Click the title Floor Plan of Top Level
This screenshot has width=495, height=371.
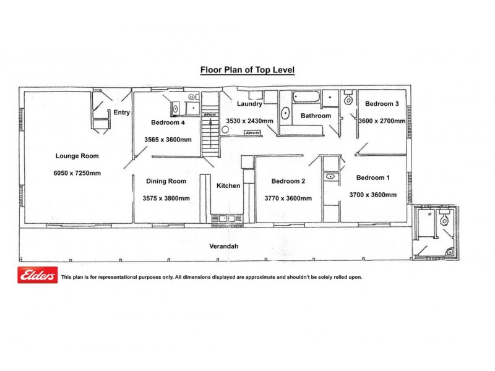pos(247,70)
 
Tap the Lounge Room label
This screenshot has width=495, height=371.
pos(77,156)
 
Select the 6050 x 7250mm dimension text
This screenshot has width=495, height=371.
pos(77,173)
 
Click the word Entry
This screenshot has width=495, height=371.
pos(121,113)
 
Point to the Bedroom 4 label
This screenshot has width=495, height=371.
pos(168,122)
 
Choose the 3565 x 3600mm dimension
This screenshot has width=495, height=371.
pos(168,140)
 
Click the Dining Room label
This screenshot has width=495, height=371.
pos(166,181)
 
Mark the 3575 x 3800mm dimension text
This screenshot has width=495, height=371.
pos(166,198)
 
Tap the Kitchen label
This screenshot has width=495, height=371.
pos(228,185)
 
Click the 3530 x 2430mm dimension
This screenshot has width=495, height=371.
pos(250,121)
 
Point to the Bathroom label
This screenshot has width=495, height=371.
pos(316,116)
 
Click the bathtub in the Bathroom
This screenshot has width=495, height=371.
pos(307,97)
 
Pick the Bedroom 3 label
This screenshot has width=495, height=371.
pos(382,104)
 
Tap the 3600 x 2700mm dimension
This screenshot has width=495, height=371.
pos(382,121)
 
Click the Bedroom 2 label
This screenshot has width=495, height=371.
pos(288,181)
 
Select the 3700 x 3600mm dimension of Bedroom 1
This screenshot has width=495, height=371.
pos(373,195)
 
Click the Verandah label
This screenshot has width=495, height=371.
pos(224,246)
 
